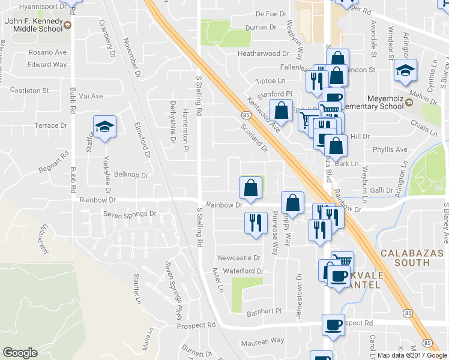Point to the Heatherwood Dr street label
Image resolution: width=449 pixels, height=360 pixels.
(x=263, y=53)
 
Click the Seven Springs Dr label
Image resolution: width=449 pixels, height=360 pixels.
(x=130, y=214)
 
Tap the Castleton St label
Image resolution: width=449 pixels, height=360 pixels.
(x=29, y=91)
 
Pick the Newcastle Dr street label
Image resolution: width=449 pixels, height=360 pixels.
(x=238, y=257)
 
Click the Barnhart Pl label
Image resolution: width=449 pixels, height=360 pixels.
(x=264, y=311)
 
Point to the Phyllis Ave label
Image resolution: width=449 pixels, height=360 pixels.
(x=390, y=149)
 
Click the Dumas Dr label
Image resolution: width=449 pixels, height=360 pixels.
(x=261, y=27)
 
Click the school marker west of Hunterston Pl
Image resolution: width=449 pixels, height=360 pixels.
(x=104, y=127)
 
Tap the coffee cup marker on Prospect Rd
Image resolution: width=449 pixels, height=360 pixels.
(x=333, y=325)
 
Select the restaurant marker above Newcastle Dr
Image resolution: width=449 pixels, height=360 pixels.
(x=255, y=223)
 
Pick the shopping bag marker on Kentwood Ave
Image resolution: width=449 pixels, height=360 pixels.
(x=280, y=110)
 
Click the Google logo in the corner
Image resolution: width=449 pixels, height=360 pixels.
(x=20, y=353)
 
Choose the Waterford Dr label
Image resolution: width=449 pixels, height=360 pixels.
(x=243, y=271)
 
